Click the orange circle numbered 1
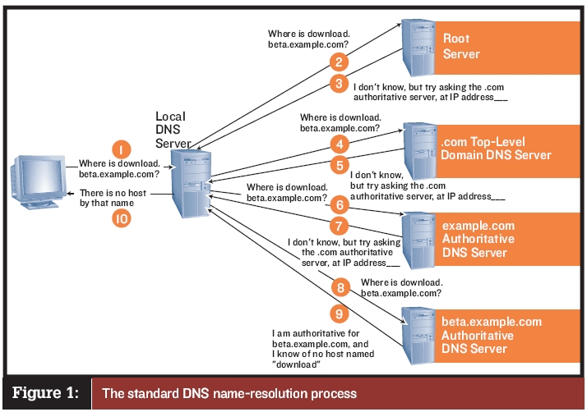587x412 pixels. (x=121, y=150)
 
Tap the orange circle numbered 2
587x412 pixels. (x=336, y=62)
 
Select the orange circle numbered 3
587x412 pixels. (x=337, y=83)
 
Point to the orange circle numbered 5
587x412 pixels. (x=336, y=165)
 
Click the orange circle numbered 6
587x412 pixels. (x=337, y=205)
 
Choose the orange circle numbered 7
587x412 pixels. (x=337, y=225)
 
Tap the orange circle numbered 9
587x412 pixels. (x=336, y=312)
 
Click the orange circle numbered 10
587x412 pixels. (x=121, y=219)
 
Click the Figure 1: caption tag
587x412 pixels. (x=45, y=392)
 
